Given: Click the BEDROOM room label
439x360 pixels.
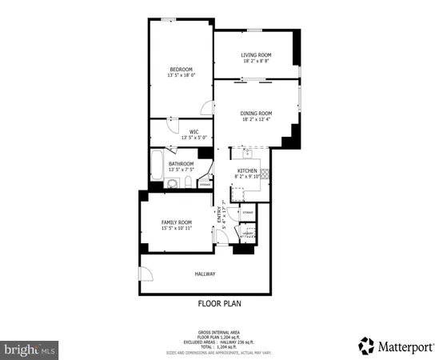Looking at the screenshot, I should [181, 68].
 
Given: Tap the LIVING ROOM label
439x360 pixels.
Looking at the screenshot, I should [256, 54].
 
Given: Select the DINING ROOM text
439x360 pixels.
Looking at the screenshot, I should [256, 114].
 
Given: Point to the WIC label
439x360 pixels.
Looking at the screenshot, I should [194, 131].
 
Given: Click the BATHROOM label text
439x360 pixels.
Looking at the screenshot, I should [181, 164].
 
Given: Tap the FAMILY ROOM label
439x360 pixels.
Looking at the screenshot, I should [177, 222].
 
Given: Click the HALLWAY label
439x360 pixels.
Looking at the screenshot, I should [205, 274].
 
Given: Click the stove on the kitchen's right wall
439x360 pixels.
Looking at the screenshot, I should [265, 172].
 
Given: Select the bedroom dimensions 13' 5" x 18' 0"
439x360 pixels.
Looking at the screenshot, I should [181, 75].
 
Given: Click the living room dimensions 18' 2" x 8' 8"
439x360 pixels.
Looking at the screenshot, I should [256, 61].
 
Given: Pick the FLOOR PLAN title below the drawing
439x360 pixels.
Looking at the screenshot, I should [219, 303].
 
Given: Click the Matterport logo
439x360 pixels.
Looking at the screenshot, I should [395, 346].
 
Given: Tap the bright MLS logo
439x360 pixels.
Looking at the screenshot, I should [30, 350].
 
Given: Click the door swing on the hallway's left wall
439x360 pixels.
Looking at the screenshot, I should [146, 274].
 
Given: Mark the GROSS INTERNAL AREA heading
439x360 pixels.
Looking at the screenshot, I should [219, 332].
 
